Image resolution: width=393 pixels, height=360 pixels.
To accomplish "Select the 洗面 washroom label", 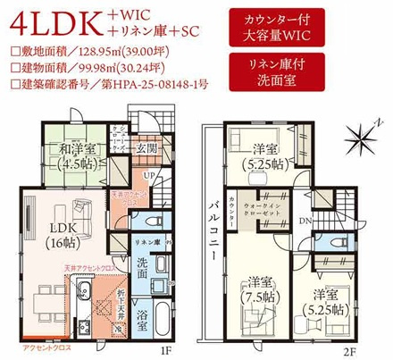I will click(x=143, y=265).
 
